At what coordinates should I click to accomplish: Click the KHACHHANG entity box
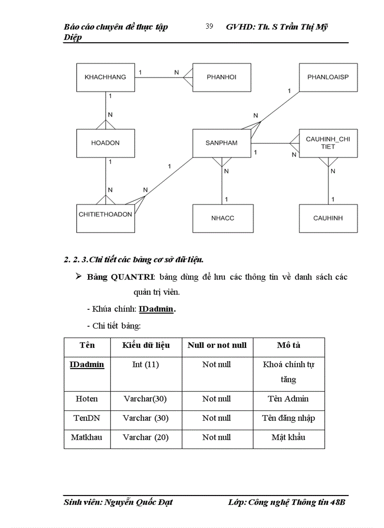pyautogui.click(x=105, y=77)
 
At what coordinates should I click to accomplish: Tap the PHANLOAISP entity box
pyautogui.click(x=328, y=77)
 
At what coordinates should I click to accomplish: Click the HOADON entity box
pyautogui.click(x=105, y=143)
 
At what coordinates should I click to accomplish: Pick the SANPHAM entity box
pyautogui.click(x=222, y=143)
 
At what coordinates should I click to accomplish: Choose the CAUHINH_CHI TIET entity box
pyautogui.click(x=328, y=143)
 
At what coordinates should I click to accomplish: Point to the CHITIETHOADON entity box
pyautogui.click(x=105, y=214)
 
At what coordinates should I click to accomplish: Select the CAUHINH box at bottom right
pyautogui.click(x=328, y=218)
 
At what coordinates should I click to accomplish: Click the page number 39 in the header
pyautogui.click(x=209, y=26)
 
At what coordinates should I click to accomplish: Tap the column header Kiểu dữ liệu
pyautogui.click(x=146, y=346)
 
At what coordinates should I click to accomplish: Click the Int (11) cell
pyautogui.click(x=146, y=365)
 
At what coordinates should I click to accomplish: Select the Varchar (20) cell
pyautogui.click(x=146, y=438)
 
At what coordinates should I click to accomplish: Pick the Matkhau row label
pyautogui.click(x=87, y=438)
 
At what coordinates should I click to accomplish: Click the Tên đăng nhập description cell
pyautogui.click(x=288, y=418)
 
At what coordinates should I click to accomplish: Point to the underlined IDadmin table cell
pyautogui.click(x=87, y=365)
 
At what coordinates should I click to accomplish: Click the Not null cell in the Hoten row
pyautogui.click(x=216, y=399)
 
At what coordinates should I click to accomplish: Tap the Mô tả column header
pyautogui.click(x=288, y=346)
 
